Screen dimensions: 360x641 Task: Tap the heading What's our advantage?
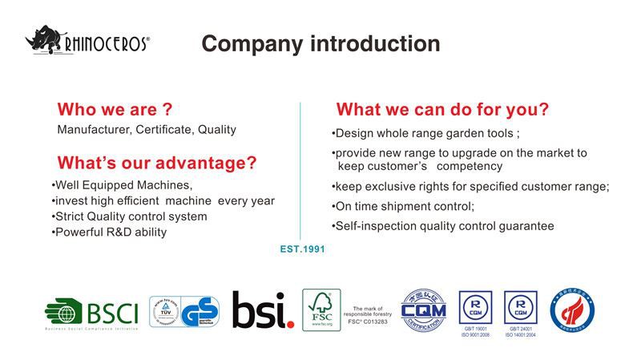(157, 164)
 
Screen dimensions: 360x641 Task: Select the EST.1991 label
(302, 249)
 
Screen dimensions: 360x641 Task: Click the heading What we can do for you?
(442, 110)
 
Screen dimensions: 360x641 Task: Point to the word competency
(469, 167)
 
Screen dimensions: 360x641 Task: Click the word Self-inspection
(375, 226)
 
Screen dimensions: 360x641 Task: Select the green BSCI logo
(91, 311)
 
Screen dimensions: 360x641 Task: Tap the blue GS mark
(200, 312)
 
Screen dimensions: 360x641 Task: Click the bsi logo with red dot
(263, 310)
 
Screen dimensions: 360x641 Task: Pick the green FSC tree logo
(321, 309)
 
